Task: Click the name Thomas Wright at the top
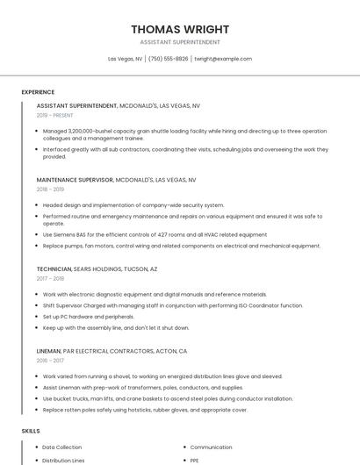click(x=179, y=29)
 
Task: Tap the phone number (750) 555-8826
click(x=168, y=59)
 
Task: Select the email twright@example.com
click(x=223, y=59)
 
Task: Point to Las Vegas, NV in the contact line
click(x=126, y=59)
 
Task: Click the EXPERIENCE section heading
click(x=38, y=92)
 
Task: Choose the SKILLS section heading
click(x=31, y=431)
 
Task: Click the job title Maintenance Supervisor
click(x=75, y=179)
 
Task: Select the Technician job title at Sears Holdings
click(x=54, y=269)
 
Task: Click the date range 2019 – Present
click(x=55, y=115)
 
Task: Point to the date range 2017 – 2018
click(x=50, y=278)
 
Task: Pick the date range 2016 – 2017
click(x=50, y=360)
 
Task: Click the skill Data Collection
click(x=61, y=447)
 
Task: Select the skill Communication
click(x=211, y=447)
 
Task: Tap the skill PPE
click(x=195, y=460)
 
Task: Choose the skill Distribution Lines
click(x=63, y=460)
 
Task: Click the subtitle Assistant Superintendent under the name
click(x=179, y=42)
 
